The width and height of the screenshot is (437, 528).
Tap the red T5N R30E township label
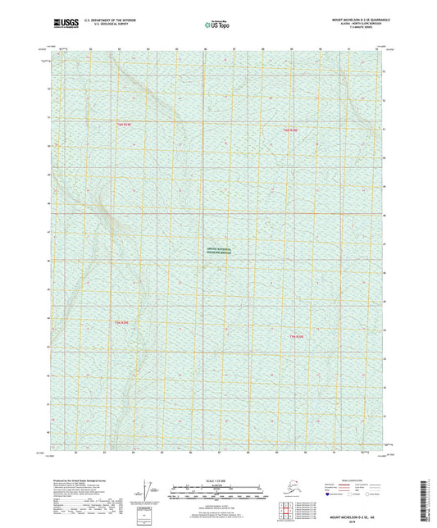[296, 336]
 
